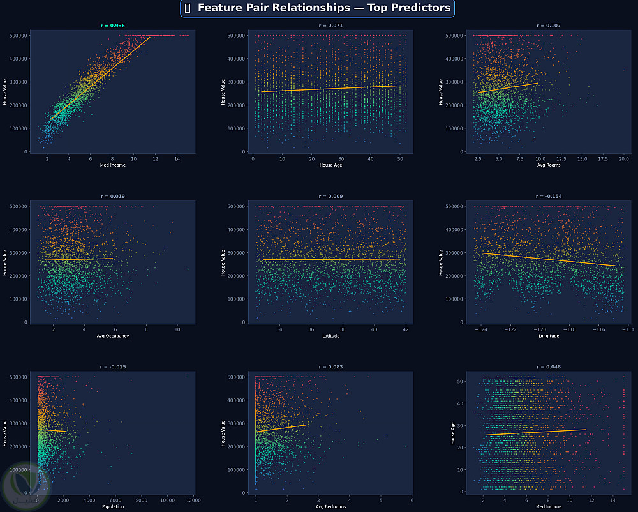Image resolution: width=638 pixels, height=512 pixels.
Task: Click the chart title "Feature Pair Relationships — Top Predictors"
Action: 323,8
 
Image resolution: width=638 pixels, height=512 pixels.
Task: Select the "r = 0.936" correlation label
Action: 114,26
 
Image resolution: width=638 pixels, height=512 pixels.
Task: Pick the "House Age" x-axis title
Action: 330,165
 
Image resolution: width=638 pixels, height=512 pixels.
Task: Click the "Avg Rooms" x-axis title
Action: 549,165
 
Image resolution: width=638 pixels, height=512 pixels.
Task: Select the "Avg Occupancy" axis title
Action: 113,336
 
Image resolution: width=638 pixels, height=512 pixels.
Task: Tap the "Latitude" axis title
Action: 330,336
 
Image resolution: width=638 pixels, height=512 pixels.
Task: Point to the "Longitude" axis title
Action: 549,336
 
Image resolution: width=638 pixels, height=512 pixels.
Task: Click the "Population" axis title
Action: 113,507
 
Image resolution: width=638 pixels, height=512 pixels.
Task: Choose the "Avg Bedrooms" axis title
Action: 330,507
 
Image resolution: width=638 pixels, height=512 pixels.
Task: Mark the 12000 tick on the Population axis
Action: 193,500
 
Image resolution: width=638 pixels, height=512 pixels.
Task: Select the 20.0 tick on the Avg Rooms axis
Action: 623,159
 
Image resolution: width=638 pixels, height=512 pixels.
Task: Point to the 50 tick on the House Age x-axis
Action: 399,159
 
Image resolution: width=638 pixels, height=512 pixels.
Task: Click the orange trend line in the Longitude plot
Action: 549,259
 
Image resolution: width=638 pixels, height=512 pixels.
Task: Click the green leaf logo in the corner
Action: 23,485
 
